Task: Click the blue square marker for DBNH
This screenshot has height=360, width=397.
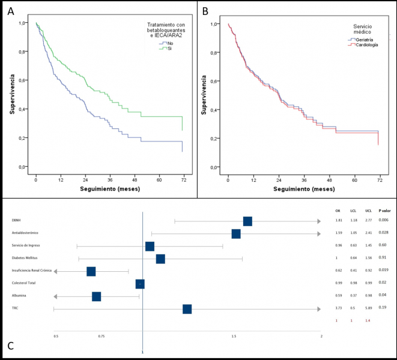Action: (x=247, y=221)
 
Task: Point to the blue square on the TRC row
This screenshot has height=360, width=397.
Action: (x=187, y=309)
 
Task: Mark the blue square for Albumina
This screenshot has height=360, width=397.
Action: (x=97, y=296)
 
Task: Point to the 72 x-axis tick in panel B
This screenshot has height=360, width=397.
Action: (x=378, y=179)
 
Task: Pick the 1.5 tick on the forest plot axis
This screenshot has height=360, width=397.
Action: (x=233, y=337)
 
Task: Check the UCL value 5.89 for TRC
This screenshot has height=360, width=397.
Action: (x=370, y=308)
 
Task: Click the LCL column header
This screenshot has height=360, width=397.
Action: (x=354, y=211)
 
